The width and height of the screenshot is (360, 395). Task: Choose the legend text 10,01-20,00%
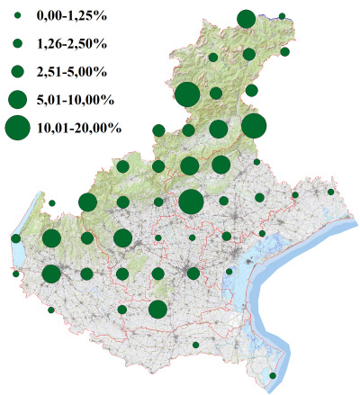[78, 128]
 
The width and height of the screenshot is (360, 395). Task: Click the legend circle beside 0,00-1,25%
[17, 17]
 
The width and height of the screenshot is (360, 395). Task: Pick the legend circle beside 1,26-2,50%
[17, 43]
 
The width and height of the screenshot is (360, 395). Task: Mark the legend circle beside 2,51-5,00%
[17, 70]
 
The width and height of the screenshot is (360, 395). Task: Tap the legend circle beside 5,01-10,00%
[17, 98]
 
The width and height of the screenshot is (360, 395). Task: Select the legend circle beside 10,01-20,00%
[17, 128]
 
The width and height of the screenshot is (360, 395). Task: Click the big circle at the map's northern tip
[246, 19]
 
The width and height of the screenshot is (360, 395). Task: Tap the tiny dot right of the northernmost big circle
[283, 16]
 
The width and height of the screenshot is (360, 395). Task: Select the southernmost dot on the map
[274, 376]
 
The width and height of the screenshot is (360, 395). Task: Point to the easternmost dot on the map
[331, 192]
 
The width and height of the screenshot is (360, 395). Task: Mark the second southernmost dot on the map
[195, 345]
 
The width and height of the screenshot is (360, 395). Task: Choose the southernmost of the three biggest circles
[190, 202]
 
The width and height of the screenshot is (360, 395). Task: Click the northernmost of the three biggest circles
[187, 94]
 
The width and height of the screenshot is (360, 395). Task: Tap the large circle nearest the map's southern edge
[157, 310]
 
